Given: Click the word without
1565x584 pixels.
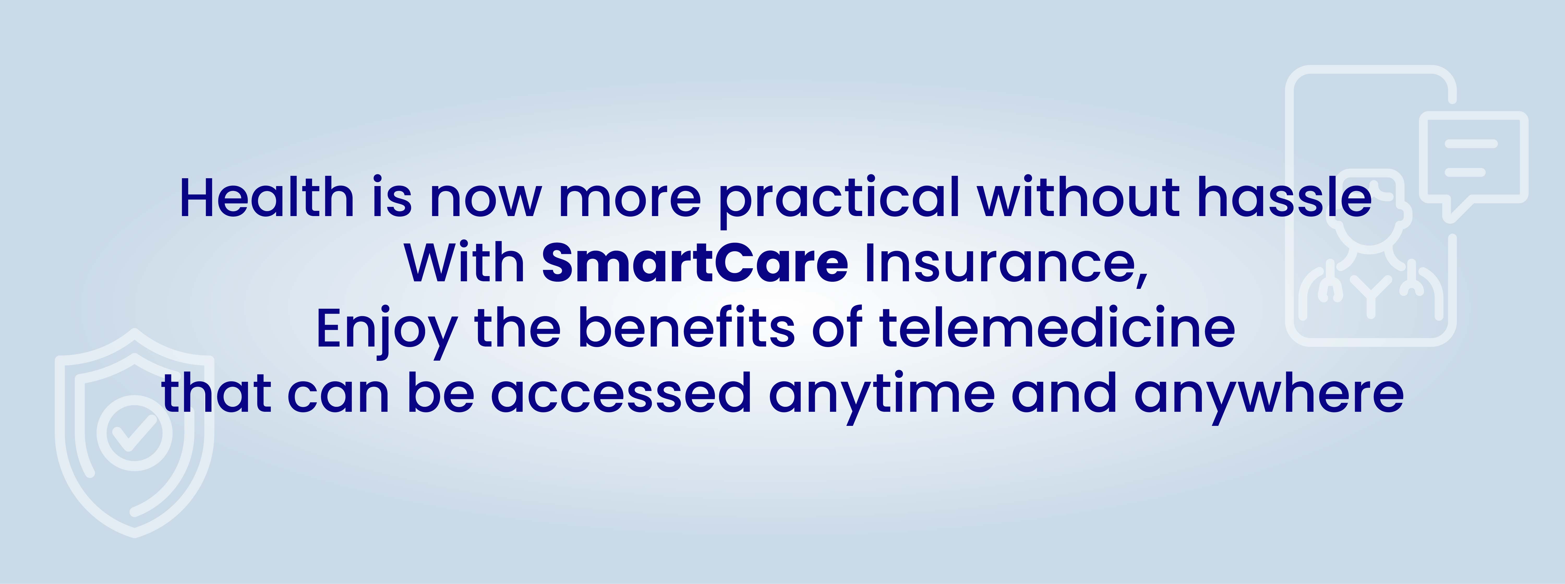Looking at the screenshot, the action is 1079,198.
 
